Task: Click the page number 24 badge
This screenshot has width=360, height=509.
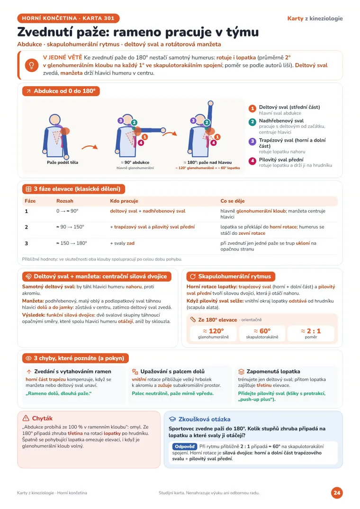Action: (x=337, y=492)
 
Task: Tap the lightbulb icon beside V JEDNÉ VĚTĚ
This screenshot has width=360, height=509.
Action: (x=31, y=65)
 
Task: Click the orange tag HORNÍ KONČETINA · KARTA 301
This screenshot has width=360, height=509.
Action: (x=68, y=18)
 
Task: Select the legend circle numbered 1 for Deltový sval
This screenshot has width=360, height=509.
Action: (x=252, y=108)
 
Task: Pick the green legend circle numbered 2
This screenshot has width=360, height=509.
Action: (x=252, y=122)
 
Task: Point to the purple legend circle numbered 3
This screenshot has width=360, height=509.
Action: (x=252, y=142)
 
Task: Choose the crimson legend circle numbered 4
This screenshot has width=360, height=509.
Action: (x=252, y=161)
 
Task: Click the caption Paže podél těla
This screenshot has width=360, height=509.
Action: (x=63, y=162)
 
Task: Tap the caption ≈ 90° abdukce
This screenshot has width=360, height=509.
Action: (x=135, y=162)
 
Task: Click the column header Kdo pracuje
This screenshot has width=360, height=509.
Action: (x=124, y=201)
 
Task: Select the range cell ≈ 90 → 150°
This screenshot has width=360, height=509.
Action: (x=70, y=227)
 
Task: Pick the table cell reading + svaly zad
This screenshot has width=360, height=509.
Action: (x=122, y=243)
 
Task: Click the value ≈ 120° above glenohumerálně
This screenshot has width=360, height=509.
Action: (x=213, y=331)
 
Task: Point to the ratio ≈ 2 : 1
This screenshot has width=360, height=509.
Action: (x=311, y=331)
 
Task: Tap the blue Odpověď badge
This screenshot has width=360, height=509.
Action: (x=184, y=446)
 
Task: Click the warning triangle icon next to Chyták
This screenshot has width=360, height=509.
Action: (x=26, y=418)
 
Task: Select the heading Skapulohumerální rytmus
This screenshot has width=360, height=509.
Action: (x=234, y=277)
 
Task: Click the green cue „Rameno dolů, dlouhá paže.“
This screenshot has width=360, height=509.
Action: (x=59, y=393)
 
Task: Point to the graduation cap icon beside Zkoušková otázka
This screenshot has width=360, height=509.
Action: (x=172, y=419)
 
